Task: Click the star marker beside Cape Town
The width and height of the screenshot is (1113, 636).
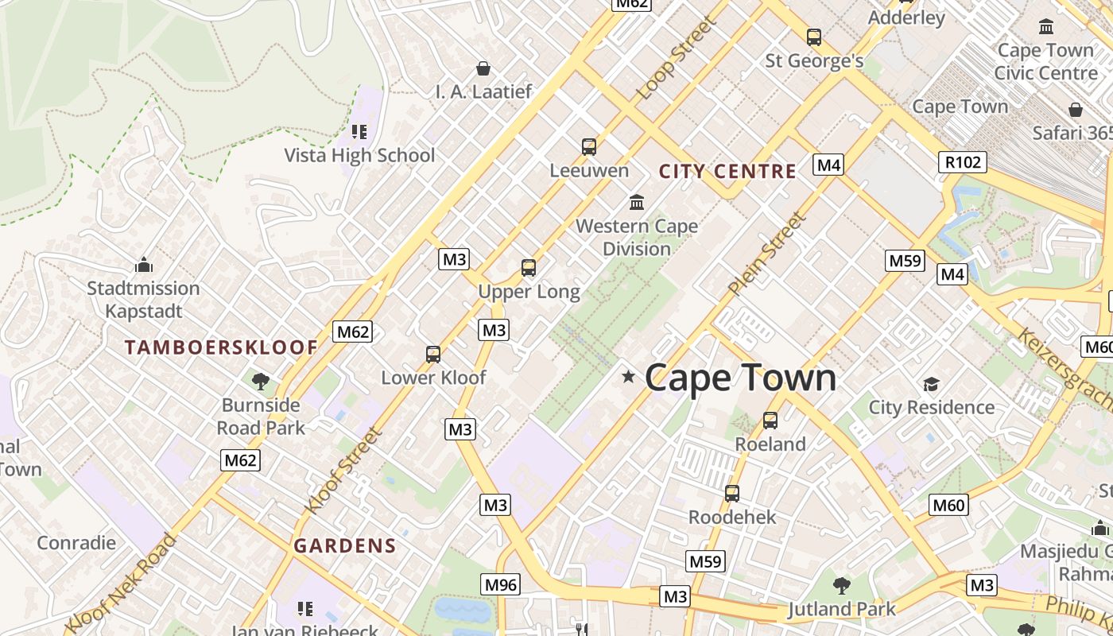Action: click(629, 376)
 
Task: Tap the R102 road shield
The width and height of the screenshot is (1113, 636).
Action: click(962, 162)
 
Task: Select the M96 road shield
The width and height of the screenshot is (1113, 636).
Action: click(500, 585)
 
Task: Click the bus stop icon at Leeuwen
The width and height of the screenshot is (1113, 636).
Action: click(588, 146)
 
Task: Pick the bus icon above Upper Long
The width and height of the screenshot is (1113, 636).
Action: click(529, 268)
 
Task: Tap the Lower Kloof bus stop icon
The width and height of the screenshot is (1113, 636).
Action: click(433, 354)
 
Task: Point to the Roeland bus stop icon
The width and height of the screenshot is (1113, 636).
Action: click(770, 420)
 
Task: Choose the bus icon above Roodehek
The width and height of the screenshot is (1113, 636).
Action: click(732, 493)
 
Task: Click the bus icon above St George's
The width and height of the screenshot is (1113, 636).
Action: click(813, 37)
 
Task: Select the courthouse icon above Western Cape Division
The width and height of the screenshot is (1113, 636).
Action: click(637, 202)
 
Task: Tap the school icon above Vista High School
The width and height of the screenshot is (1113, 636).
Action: click(359, 131)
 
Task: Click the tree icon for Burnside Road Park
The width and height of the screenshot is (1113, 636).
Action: click(261, 382)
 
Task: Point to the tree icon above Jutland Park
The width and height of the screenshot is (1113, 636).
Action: click(841, 586)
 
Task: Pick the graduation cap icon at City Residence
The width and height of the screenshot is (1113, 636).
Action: click(931, 384)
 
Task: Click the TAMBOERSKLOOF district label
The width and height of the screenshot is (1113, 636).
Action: click(222, 347)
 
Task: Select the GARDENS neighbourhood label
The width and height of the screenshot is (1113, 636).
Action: click(344, 546)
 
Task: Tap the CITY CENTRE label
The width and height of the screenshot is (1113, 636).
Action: click(727, 171)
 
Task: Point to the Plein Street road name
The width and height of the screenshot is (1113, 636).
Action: click(767, 253)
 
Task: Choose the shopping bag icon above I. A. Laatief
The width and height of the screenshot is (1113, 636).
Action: click(483, 68)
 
